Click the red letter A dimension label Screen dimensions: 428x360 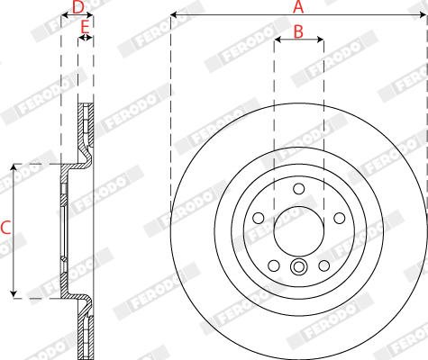[298, 6]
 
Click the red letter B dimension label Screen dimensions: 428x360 [298, 31]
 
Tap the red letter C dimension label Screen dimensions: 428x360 [5, 228]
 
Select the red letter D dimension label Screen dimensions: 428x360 [78, 7]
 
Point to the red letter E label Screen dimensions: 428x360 [85, 27]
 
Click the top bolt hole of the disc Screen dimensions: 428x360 [298, 189]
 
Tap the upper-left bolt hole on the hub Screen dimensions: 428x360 [259, 218]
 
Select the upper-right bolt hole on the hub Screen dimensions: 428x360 [340, 218]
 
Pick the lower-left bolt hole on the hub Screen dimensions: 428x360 [274, 265]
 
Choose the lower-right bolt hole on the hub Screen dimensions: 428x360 [323, 265]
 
